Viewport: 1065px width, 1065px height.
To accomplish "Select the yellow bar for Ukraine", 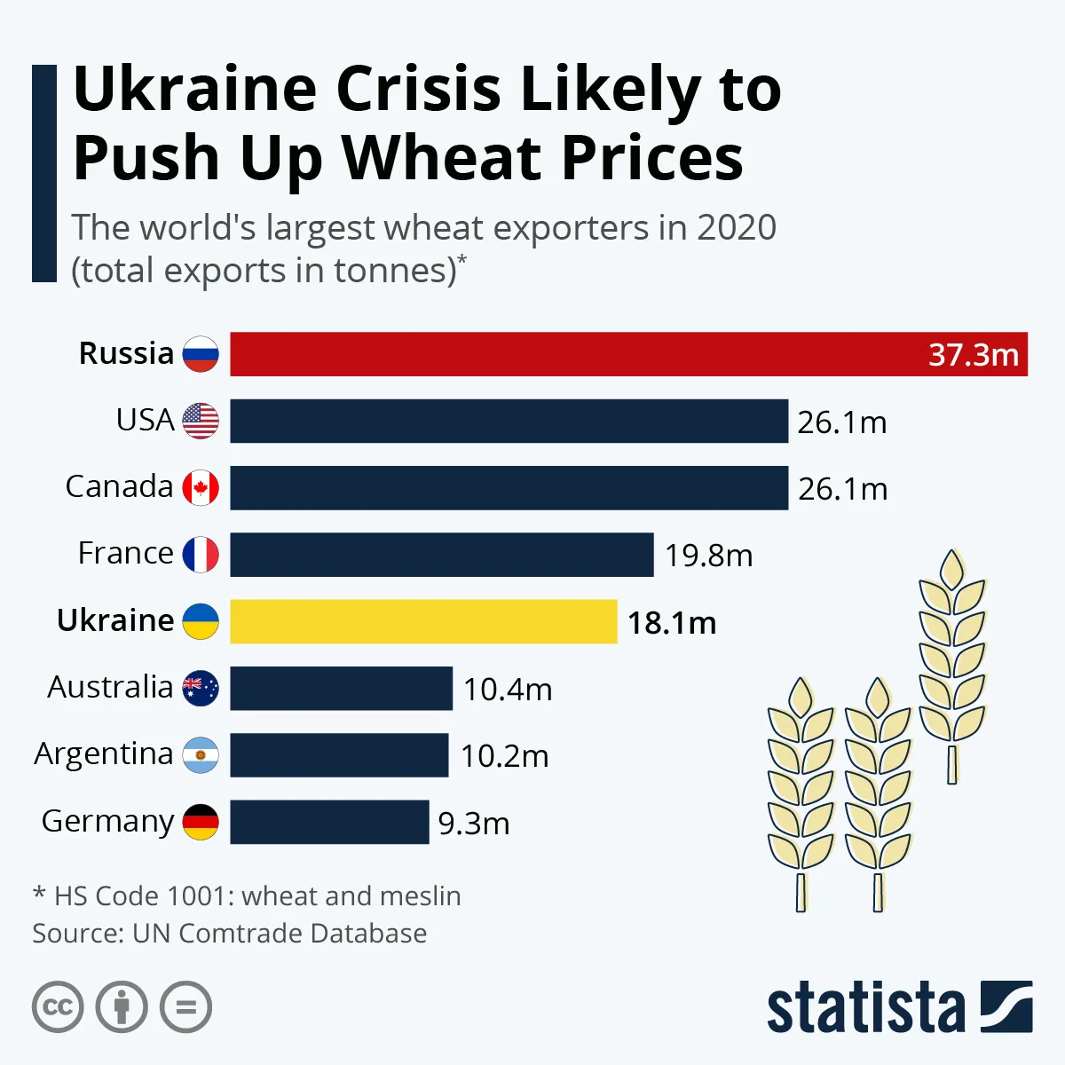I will [x=423, y=621].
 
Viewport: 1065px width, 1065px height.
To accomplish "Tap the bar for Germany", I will [x=329, y=822].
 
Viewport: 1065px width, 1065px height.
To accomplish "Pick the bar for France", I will [x=441, y=555].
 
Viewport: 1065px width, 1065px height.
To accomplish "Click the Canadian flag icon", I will [x=201, y=488].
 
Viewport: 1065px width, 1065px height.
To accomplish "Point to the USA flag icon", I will [x=201, y=421].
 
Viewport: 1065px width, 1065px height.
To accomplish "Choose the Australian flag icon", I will [x=201, y=688].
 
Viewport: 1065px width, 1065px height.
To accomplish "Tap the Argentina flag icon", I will [x=201, y=755].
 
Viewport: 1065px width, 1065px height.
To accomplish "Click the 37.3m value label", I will [x=973, y=355].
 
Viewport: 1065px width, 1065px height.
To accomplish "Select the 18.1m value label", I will [x=672, y=623].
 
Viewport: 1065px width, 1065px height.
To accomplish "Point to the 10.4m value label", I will [x=508, y=690].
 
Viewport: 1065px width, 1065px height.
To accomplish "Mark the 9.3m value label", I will [x=474, y=824].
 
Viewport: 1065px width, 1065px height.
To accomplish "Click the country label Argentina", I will [x=104, y=754].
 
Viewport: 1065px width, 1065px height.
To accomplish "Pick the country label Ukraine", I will [x=115, y=620].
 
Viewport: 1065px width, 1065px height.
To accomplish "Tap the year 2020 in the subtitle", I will [x=736, y=228].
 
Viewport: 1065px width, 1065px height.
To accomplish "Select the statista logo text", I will [x=865, y=1008].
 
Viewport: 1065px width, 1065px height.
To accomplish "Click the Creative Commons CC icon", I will [x=58, y=1007].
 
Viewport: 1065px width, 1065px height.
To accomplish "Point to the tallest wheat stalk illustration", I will [x=952, y=666].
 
